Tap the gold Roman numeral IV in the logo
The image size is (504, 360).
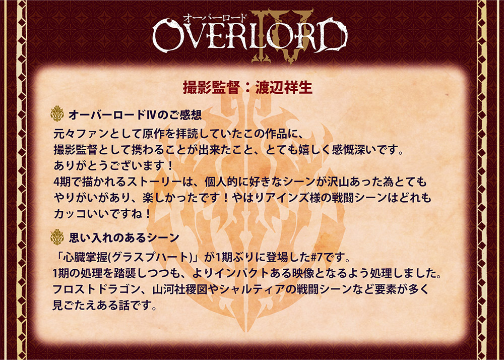tap(282, 35)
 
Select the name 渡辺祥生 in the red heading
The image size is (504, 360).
tap(284, 88)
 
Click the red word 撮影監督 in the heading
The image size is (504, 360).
tap(212, 88)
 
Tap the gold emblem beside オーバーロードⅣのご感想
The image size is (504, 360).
tap(57, 114)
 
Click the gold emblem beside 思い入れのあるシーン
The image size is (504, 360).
tap(57, 237)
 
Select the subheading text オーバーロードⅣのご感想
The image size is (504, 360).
tap(135, 114)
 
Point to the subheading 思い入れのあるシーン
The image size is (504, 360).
tap(124, 237)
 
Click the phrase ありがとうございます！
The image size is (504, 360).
tap(113, 166)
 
